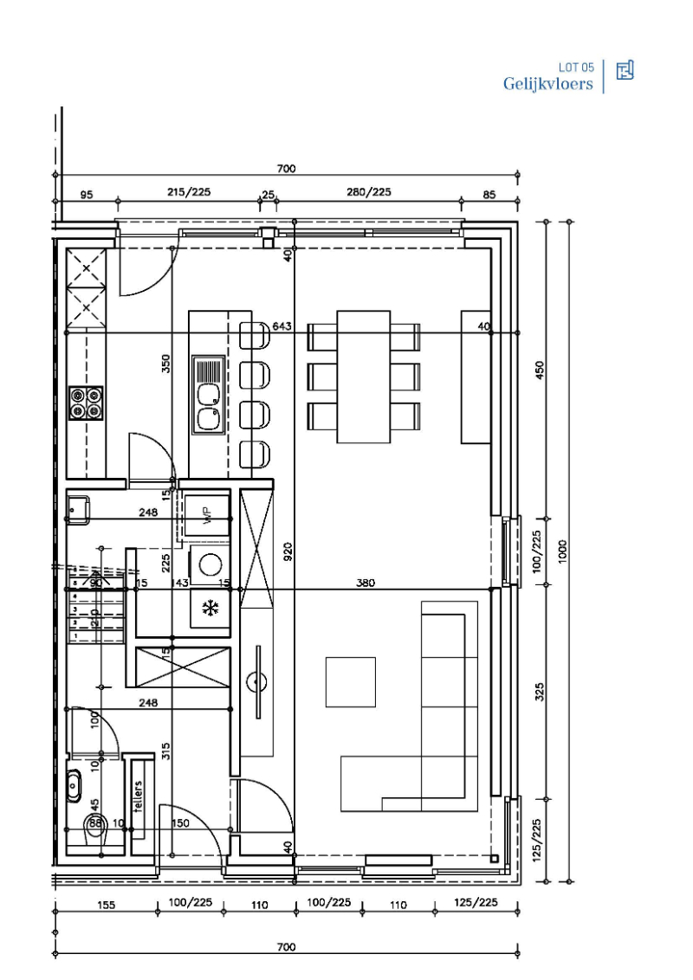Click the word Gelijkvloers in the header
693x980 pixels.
pyautogui.click(x=547, y=84)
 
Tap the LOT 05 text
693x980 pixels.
pyautogui.click(x=576, y=67)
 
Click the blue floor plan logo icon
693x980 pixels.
pyautogui.click(x=625, y=71)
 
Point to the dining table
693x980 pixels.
pyautogui.click(x=363, y=377)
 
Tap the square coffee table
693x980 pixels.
pyautogui.click(x=350, y=681)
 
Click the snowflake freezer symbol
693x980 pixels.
pyautogui.click(x=209, y=608)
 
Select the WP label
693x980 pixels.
pyautogui.click(x=207, y=516)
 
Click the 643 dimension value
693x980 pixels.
pyautogui.click(x=282, y=326)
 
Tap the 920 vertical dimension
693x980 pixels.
pyautogui.click(x=288, y=551)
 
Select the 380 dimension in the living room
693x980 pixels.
pyautogui.click(x=366, y=583)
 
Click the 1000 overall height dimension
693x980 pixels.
pyautogui.click(x=563, y=551)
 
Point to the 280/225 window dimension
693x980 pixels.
pyautogui.click(x=368, y=191)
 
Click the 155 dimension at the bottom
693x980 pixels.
pyautogui.click(x=105, y=905)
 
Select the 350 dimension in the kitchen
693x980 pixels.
pyautogui.click(x=167, y=364)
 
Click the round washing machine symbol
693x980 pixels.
pyautogui.click(x=210, y=564)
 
